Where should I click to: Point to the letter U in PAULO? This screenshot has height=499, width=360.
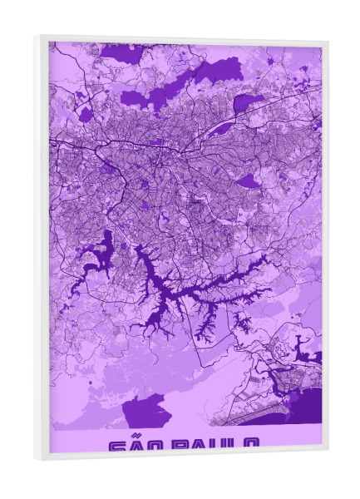click(221, 447)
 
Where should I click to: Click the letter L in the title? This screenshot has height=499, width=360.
click(237, 447)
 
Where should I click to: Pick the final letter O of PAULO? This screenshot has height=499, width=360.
click(254, 447)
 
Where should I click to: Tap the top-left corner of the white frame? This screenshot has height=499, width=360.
click(38, 37)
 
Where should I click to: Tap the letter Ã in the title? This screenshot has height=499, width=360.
click(138, 447)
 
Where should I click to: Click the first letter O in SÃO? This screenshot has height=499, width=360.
click(157, 447)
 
